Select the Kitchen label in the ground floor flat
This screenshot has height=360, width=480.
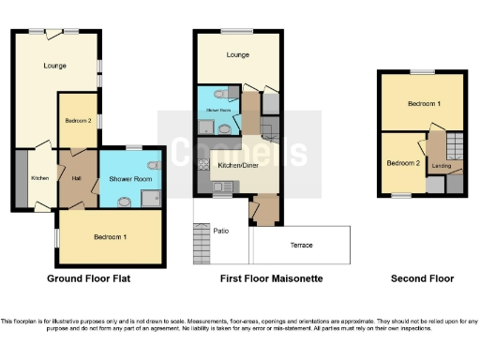[39, 178]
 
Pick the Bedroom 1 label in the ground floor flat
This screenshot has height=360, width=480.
[110, 237]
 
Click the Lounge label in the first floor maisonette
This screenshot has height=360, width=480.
[237, 56]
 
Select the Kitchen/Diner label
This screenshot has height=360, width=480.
[238, 166]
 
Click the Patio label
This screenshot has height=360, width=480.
[221, 230]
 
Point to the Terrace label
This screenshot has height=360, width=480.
[301, 246]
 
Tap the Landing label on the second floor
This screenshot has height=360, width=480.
[440, 166]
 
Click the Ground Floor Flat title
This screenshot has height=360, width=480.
[88, 279]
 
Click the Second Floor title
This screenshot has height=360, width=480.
[422, 279]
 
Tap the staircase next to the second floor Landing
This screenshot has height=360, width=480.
[454, 146]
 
